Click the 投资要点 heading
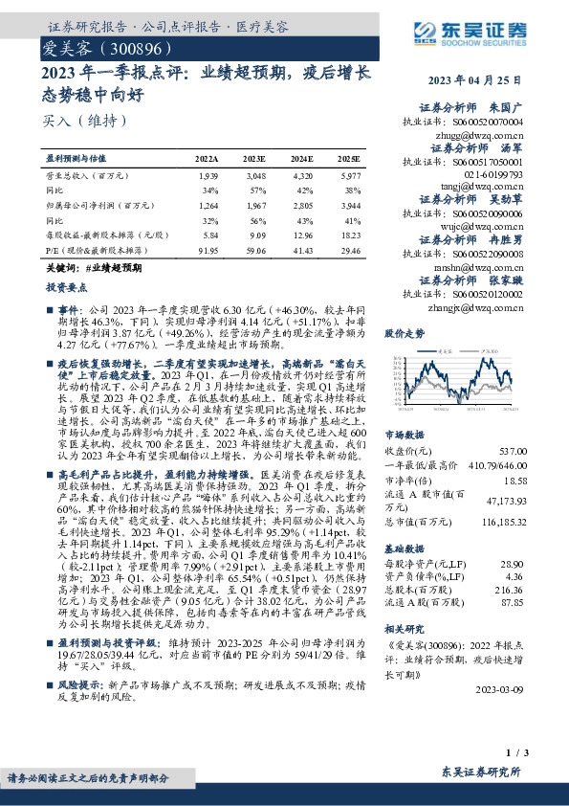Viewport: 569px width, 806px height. click(65, 285)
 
